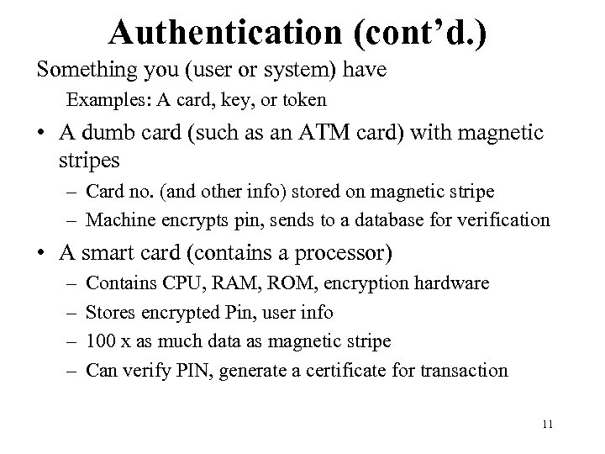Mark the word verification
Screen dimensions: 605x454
[x=508, y=221]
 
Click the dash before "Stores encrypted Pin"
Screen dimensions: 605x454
[x=68, y=313]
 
